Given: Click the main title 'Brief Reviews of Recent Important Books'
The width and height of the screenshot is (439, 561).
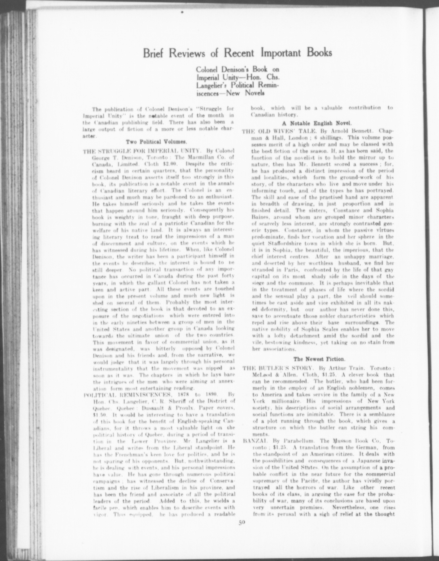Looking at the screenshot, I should point(237,53).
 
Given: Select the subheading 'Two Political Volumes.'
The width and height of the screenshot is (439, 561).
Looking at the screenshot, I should point(156,142).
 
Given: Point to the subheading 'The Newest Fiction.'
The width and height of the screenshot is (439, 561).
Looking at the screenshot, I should point(318,359).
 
